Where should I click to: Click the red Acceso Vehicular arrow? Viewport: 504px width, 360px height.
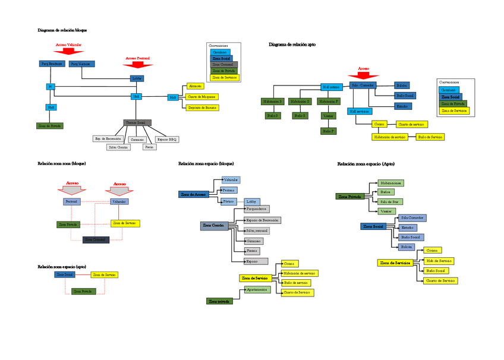[68, 51]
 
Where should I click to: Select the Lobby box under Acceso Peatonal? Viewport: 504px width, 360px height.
[137, 78]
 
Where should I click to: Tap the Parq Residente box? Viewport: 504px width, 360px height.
[52, 64]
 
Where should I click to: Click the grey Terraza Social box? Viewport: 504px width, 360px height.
[137, 122]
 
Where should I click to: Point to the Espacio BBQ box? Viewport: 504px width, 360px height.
[167, 139]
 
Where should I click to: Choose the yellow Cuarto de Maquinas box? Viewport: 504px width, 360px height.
[202, 97]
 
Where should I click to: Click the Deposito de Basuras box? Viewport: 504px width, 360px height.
[202, 108]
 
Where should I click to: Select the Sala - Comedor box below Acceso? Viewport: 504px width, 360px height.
[363, 86]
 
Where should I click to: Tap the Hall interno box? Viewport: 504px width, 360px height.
[330, 87]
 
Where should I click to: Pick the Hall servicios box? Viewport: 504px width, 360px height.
[360, 111]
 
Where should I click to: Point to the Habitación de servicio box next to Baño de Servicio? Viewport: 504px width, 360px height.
[389, 137]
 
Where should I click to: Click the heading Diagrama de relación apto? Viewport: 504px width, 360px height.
[292, 45]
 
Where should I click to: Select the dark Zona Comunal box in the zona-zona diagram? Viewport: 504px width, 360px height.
[96, 239]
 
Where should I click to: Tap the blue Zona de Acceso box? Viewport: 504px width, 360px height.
[194, 194]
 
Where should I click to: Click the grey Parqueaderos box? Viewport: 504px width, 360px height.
[256, 209]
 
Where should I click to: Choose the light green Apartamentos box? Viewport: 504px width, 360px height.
[257, 289]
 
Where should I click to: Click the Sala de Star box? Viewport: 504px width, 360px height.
[390, 202]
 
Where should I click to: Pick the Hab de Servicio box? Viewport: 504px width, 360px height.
[439, 261]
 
